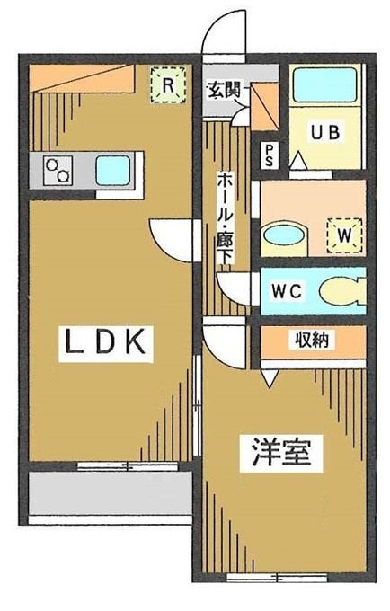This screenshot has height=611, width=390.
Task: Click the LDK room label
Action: pyautogui.click(x=106, y=341)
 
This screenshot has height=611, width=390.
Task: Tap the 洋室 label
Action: pyautogui.click(x=281, y=452)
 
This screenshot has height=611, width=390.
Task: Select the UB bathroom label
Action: pyautogui.click(x=325, y=132)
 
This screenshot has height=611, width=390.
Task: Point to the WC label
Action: pyautogui.click(x=288, y=291)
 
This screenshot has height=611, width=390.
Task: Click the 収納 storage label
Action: pyautogui.click(x=312, y=341)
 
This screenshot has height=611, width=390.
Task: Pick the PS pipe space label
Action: pyautogui.click(x=270, y=155)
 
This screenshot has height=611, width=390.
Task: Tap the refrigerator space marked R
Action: pyautogui.click(x=168, y=85)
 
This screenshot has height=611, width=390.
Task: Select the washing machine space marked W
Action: pyautogui.click(x=344, y=235)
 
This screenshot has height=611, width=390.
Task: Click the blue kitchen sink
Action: pyautogui.click(x=112, y=171)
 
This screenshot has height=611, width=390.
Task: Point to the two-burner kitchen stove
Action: pyautogui.click(x=58, y=171)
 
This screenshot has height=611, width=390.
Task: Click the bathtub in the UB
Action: pyautogui.click(x=325, y=85)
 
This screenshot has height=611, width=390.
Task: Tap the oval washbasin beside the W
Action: pyautogui.click(x=283, y=235)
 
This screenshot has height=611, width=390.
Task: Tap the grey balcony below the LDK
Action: pyautogui.click(x=111, y=493)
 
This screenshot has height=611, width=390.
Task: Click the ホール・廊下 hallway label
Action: pyautogui.click(x=226, y=218)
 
